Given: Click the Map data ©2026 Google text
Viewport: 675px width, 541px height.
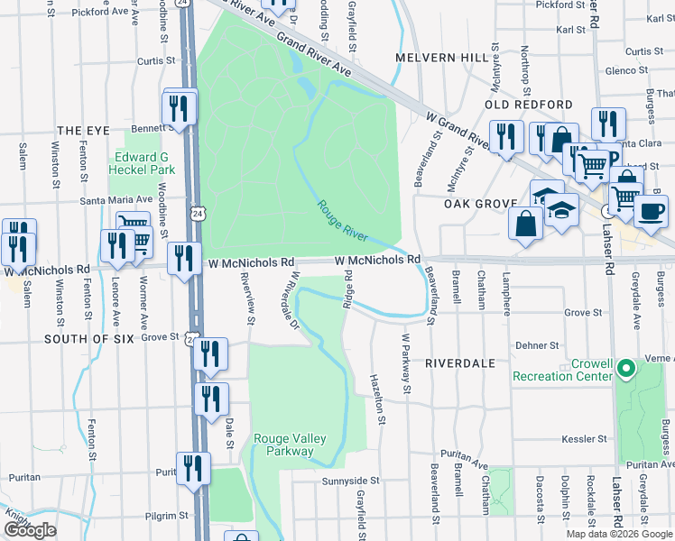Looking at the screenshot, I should [619, 534].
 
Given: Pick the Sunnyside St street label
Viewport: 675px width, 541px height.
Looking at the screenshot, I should [352, 481].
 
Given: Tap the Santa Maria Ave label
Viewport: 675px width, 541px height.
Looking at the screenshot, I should [116, 200].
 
